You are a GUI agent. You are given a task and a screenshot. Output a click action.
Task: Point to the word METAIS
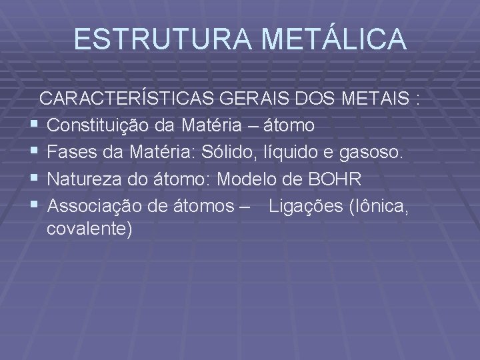[374, 99]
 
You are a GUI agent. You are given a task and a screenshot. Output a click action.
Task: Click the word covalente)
[90, 229]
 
